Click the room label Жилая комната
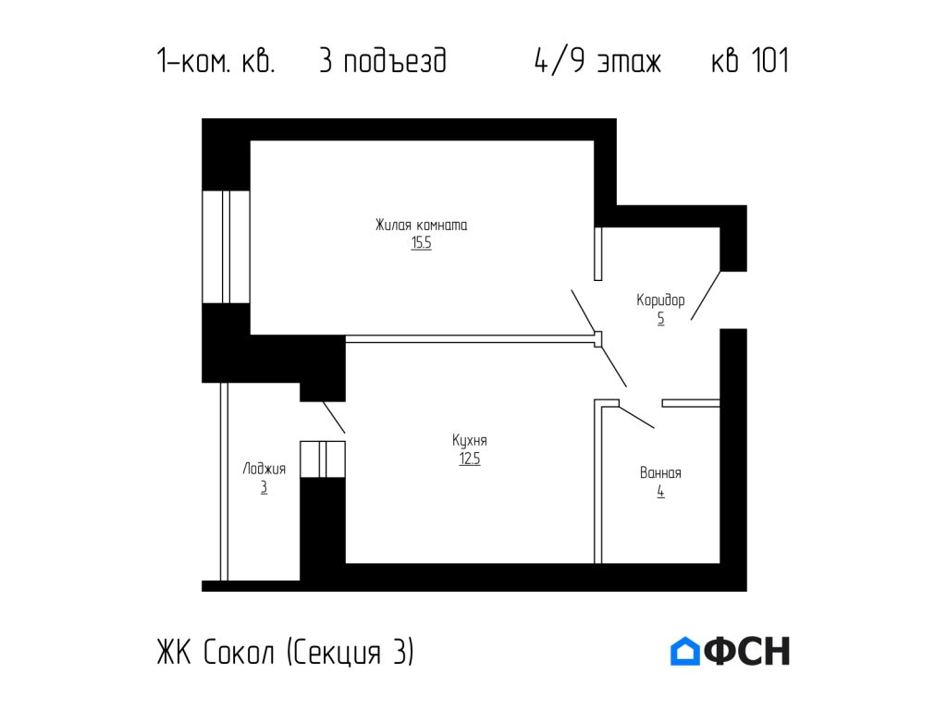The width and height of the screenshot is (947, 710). click(421, 225)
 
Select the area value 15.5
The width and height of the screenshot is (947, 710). click(421, 244)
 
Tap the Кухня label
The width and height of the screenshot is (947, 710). click(469, 440)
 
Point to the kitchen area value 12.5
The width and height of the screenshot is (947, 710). click(469, 459)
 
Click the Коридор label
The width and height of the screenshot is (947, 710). click(660, 300)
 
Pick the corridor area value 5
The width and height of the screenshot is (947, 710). click(660, 319)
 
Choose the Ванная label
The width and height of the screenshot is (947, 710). click(660, 472)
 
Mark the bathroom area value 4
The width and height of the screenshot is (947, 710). click(660, 492)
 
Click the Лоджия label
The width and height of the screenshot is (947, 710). click(264, 469)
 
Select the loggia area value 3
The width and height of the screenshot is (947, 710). click(264, 488)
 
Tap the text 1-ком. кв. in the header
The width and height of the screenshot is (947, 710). click(215, 62)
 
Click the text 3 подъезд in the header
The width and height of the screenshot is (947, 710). click(382, 62)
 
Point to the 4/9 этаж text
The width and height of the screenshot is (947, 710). click(597, 62)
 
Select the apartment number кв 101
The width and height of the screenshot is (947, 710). click(749, 62)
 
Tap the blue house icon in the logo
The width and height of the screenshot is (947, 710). click(684, 652)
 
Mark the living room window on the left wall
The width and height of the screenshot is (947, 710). click(226, 246)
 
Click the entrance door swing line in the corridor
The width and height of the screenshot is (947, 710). click(706, 295)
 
